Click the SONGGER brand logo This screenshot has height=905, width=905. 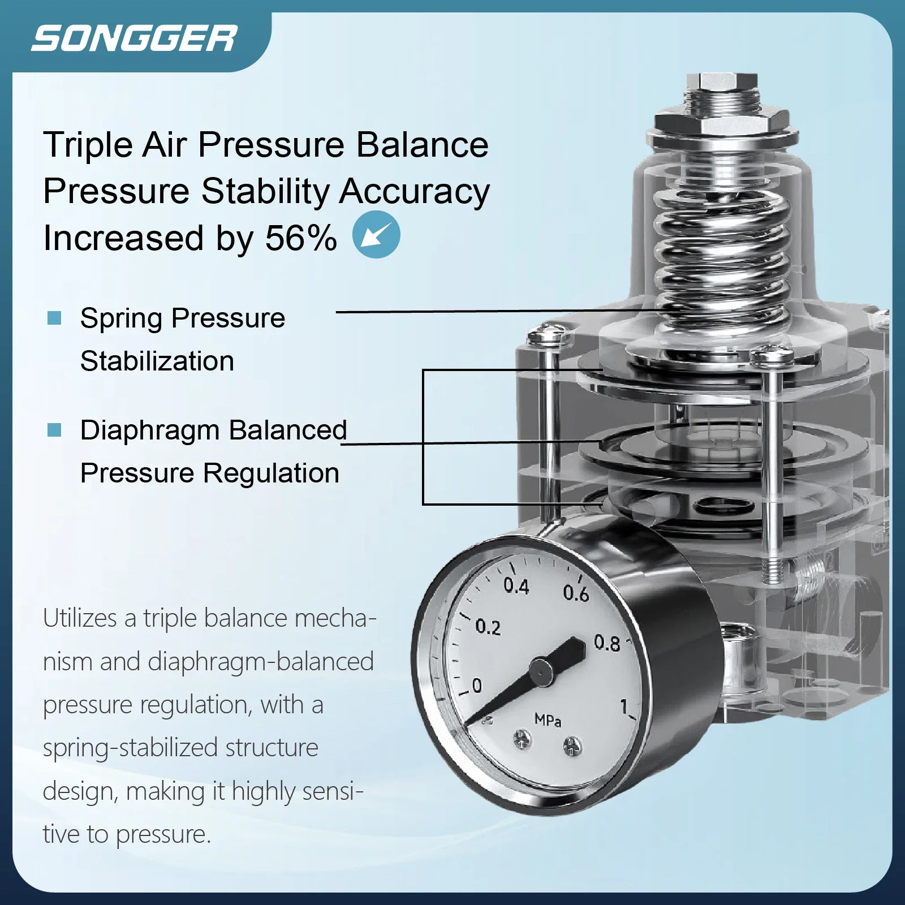(x=134, y=39)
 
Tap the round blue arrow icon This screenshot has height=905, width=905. (x=376, y=235)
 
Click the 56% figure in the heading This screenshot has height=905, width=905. (x=301, y=238)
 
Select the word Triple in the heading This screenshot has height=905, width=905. (x=88, y=145)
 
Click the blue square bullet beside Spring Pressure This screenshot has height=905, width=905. (x=54, y=318)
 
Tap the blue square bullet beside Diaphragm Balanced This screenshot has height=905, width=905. (x=54, y=430)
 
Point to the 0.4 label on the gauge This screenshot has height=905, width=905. (x=516, y=586)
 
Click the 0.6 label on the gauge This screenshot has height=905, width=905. (x=576, y=593)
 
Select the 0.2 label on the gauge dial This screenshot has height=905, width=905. (x=488, y=627)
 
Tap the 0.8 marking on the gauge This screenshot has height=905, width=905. (x=607, y=643)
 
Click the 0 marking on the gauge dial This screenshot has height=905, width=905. (x=477, y=686)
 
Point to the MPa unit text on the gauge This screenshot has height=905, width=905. (x=548, y=720)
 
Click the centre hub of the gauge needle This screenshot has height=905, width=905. (x=541, y=672)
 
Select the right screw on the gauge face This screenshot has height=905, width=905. (x=572, y=747)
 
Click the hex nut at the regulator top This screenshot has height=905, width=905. (x=722, y=122)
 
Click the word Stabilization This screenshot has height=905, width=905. (x=157, y=361)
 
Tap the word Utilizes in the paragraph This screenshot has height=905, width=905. (x=80, y=618)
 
